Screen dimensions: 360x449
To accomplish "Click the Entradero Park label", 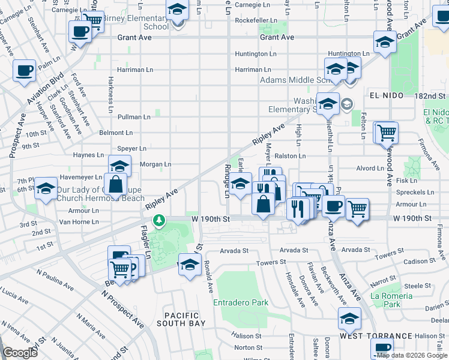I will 241,302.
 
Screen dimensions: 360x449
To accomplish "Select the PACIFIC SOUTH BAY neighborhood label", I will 182,319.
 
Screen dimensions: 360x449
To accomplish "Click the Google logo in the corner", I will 20,352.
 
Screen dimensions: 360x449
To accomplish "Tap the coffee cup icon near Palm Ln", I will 25,71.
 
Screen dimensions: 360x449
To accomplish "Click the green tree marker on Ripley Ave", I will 159,221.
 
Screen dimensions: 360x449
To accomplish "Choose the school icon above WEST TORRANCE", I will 349,319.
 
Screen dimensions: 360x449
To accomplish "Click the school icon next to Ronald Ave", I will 190,264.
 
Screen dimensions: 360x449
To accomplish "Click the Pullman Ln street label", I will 134,117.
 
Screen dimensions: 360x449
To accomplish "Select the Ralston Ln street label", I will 291,156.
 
